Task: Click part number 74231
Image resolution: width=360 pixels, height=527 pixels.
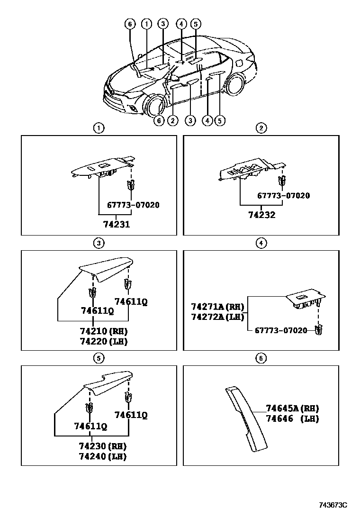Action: coord(117,225)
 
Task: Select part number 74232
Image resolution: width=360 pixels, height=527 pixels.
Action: coord(262,215)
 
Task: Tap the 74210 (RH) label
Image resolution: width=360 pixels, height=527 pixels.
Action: coord(104,331)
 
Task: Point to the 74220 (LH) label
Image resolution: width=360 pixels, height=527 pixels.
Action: coord(104,341)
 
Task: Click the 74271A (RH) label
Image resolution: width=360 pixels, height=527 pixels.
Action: coord(217,306)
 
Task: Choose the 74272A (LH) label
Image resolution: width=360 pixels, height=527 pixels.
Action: coord(217,316)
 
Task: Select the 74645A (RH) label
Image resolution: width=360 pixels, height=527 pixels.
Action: coord(292,409)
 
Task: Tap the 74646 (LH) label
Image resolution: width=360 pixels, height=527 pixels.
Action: coord(292,418)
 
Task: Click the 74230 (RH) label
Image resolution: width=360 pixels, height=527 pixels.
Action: coord(103,446)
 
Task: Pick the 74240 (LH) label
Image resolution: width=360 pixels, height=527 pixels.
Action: coord(103,456)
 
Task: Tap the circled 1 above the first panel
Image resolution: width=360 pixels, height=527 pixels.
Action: coord(98,128)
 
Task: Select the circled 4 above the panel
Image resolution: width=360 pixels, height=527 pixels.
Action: coord(261,243)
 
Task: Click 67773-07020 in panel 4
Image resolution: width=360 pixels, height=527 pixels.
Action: coord(281,330)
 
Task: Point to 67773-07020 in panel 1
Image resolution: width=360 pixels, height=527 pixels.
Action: coord(133,205)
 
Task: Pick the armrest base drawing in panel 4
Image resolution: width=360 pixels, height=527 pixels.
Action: coord(306,300)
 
